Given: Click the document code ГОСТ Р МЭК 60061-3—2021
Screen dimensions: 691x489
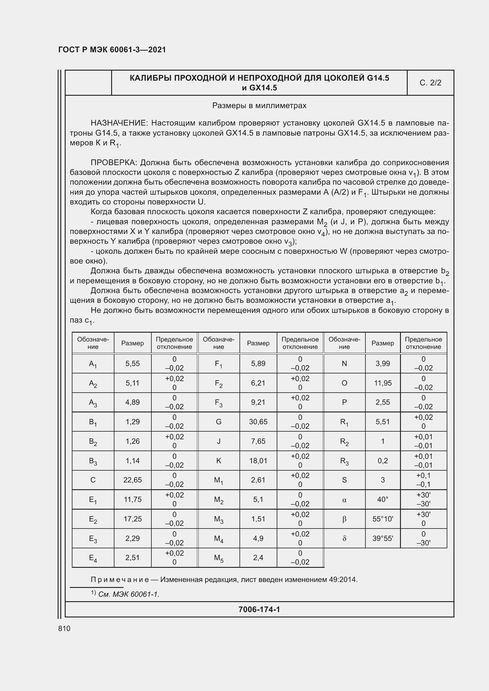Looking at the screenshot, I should pos(112,50).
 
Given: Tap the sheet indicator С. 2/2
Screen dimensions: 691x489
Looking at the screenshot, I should pos(430,83).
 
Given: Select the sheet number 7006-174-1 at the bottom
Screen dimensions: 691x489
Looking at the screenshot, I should pos(259,609).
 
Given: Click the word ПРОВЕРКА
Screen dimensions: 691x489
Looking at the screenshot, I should pos(114,163).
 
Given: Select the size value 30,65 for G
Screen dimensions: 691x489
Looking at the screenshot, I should pos(258,422).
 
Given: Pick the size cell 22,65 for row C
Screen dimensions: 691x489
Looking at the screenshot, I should pos(132,480).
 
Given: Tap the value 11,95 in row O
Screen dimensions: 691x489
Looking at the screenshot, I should pos(383,383).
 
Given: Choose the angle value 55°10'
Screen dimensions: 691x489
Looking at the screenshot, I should pos(383,519).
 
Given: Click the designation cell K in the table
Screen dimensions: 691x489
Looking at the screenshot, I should pos(218,461).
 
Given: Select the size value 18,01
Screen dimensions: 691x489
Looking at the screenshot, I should pos(258,461).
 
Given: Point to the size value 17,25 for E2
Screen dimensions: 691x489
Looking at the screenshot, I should pos(132,519).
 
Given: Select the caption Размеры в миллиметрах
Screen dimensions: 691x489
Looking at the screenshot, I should pos(259,106).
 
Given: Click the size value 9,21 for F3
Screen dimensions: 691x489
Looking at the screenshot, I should pos(258,402).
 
